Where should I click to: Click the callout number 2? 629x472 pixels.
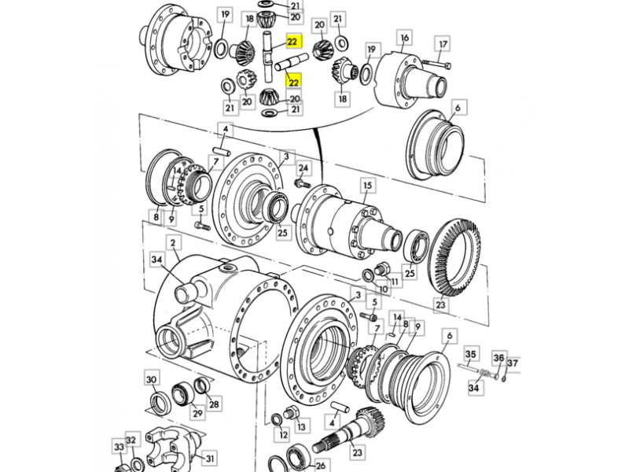173,243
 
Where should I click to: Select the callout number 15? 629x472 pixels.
367,186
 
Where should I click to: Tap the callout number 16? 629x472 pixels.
404,38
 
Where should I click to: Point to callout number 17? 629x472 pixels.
443,44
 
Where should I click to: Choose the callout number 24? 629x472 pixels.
303,168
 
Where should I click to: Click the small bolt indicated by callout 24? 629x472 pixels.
302,184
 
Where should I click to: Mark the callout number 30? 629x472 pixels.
151,379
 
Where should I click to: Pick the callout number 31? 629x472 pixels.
210,458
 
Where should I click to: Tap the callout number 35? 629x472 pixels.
470,355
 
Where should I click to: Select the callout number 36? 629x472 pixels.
498,358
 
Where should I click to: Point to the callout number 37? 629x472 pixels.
513,363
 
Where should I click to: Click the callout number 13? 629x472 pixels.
302,427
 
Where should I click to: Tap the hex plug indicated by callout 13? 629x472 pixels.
290,412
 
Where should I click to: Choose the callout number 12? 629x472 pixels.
284,435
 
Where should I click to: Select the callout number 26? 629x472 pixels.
321,466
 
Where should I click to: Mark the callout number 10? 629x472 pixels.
383,289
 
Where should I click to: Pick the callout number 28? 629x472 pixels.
214,404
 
